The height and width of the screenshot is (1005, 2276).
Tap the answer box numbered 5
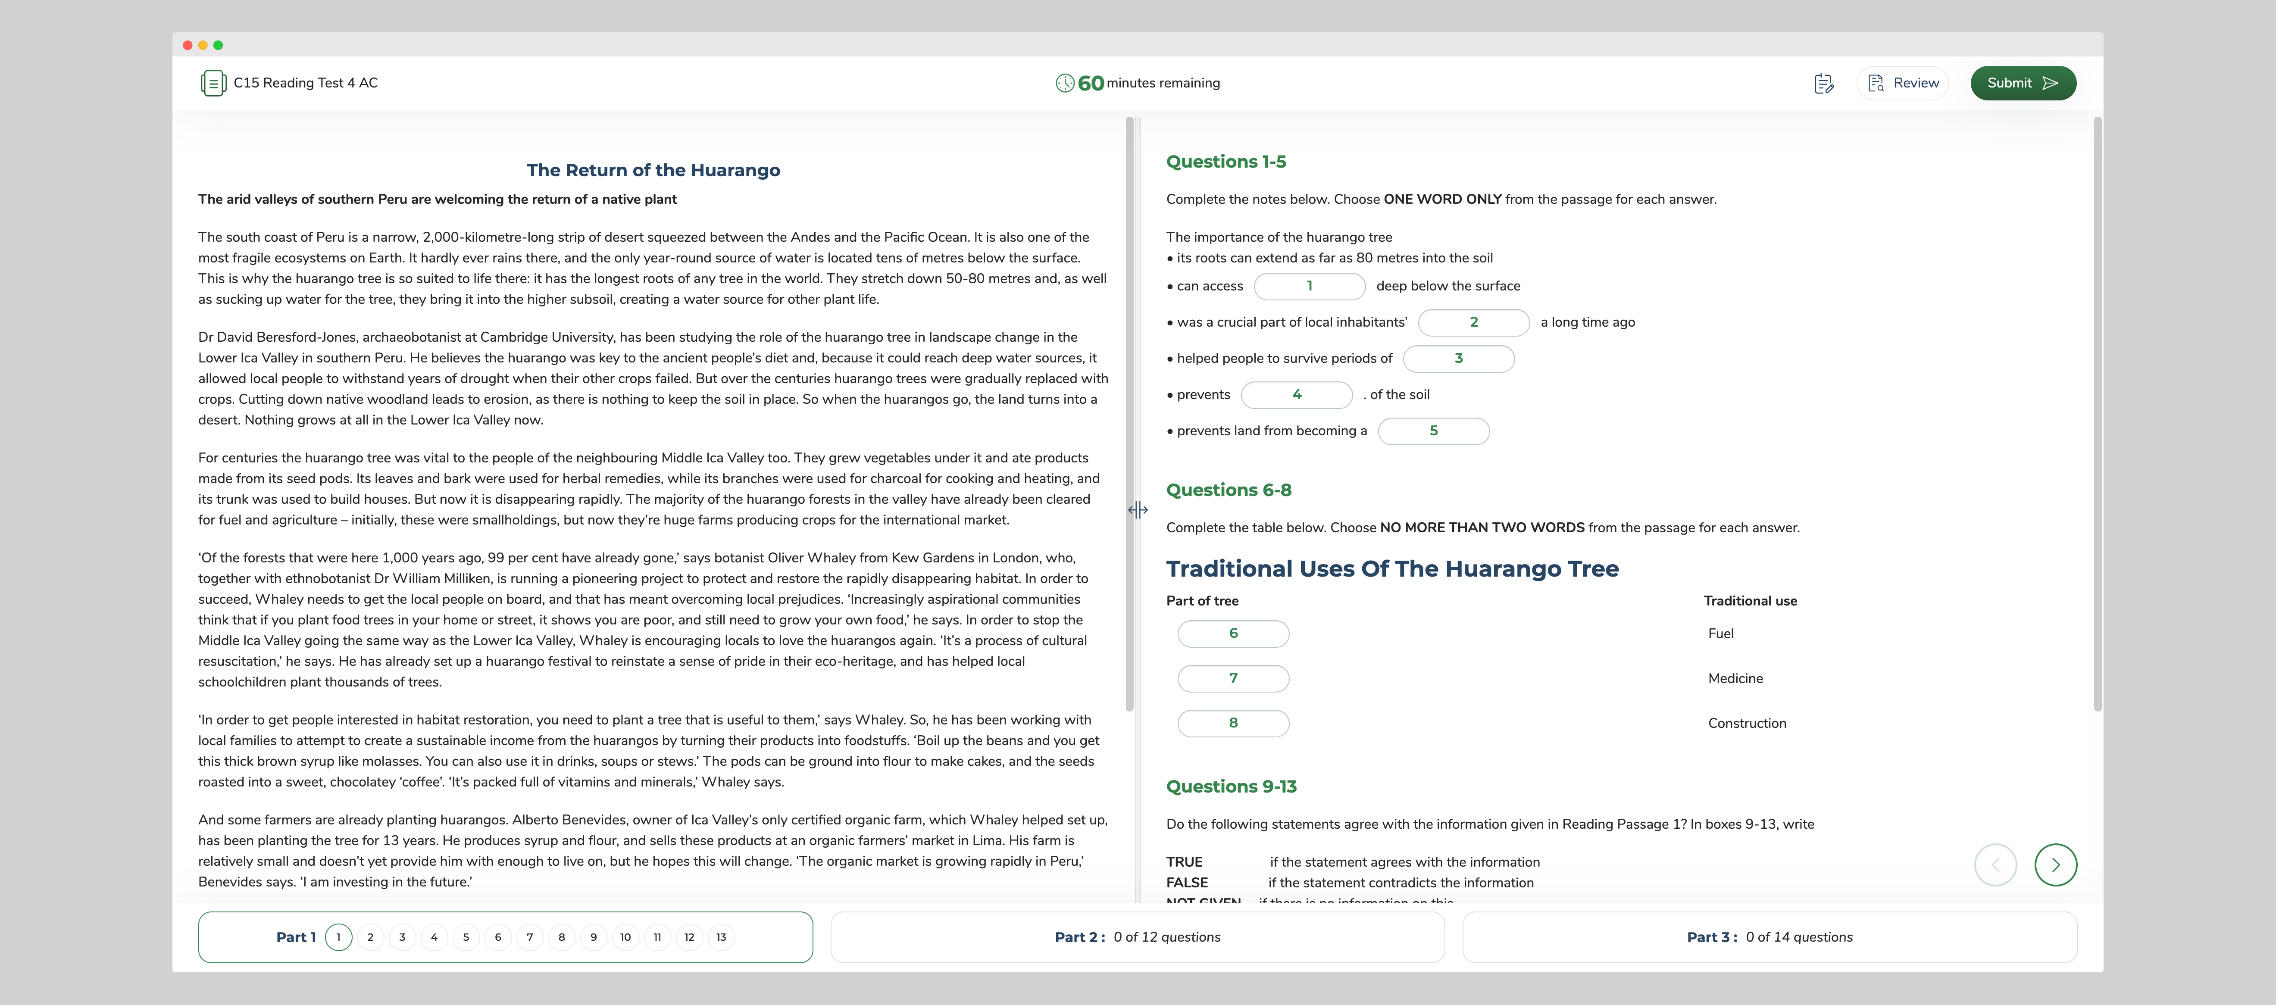1433,431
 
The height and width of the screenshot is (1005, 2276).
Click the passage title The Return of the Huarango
653,170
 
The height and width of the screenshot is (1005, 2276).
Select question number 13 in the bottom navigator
721,937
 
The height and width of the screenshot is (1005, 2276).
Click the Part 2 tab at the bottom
1137,937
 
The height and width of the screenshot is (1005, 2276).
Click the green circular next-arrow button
2055,865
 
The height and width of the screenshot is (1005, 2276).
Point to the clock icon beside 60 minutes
1065,83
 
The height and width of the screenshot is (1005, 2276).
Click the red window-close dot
188,45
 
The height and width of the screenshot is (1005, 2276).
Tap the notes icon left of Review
1824,83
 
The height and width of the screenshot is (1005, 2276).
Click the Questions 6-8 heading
1228,490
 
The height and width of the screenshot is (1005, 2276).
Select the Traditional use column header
1749,600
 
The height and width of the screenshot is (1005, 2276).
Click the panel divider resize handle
1137,509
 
